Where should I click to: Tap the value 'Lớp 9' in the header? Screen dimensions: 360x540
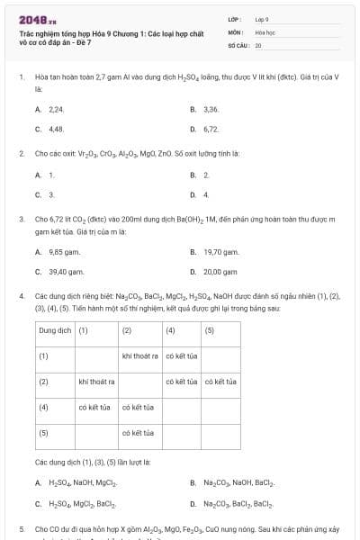pyautogui.click(x=263, y=18)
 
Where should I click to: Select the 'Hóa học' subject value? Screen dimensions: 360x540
pyautogui.click(x=265, y=31)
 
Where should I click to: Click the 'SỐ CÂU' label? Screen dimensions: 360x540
pyautogui.click(x=238, y=44)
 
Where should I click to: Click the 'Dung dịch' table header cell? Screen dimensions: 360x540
pyautogui.click(x=56, y=329)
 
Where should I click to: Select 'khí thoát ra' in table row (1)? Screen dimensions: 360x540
pyautogui.click(x=139, y=355)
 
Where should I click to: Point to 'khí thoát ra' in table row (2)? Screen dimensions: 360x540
pyautogui.click(x=97, y=382)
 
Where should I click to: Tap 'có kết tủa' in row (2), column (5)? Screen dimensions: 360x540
pyautogui.click(x=220, y=382)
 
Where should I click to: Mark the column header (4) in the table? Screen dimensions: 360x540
pyautogui.click(x=171, y=329)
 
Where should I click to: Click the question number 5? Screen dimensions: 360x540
pyautogui.click(x=22, y=529)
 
